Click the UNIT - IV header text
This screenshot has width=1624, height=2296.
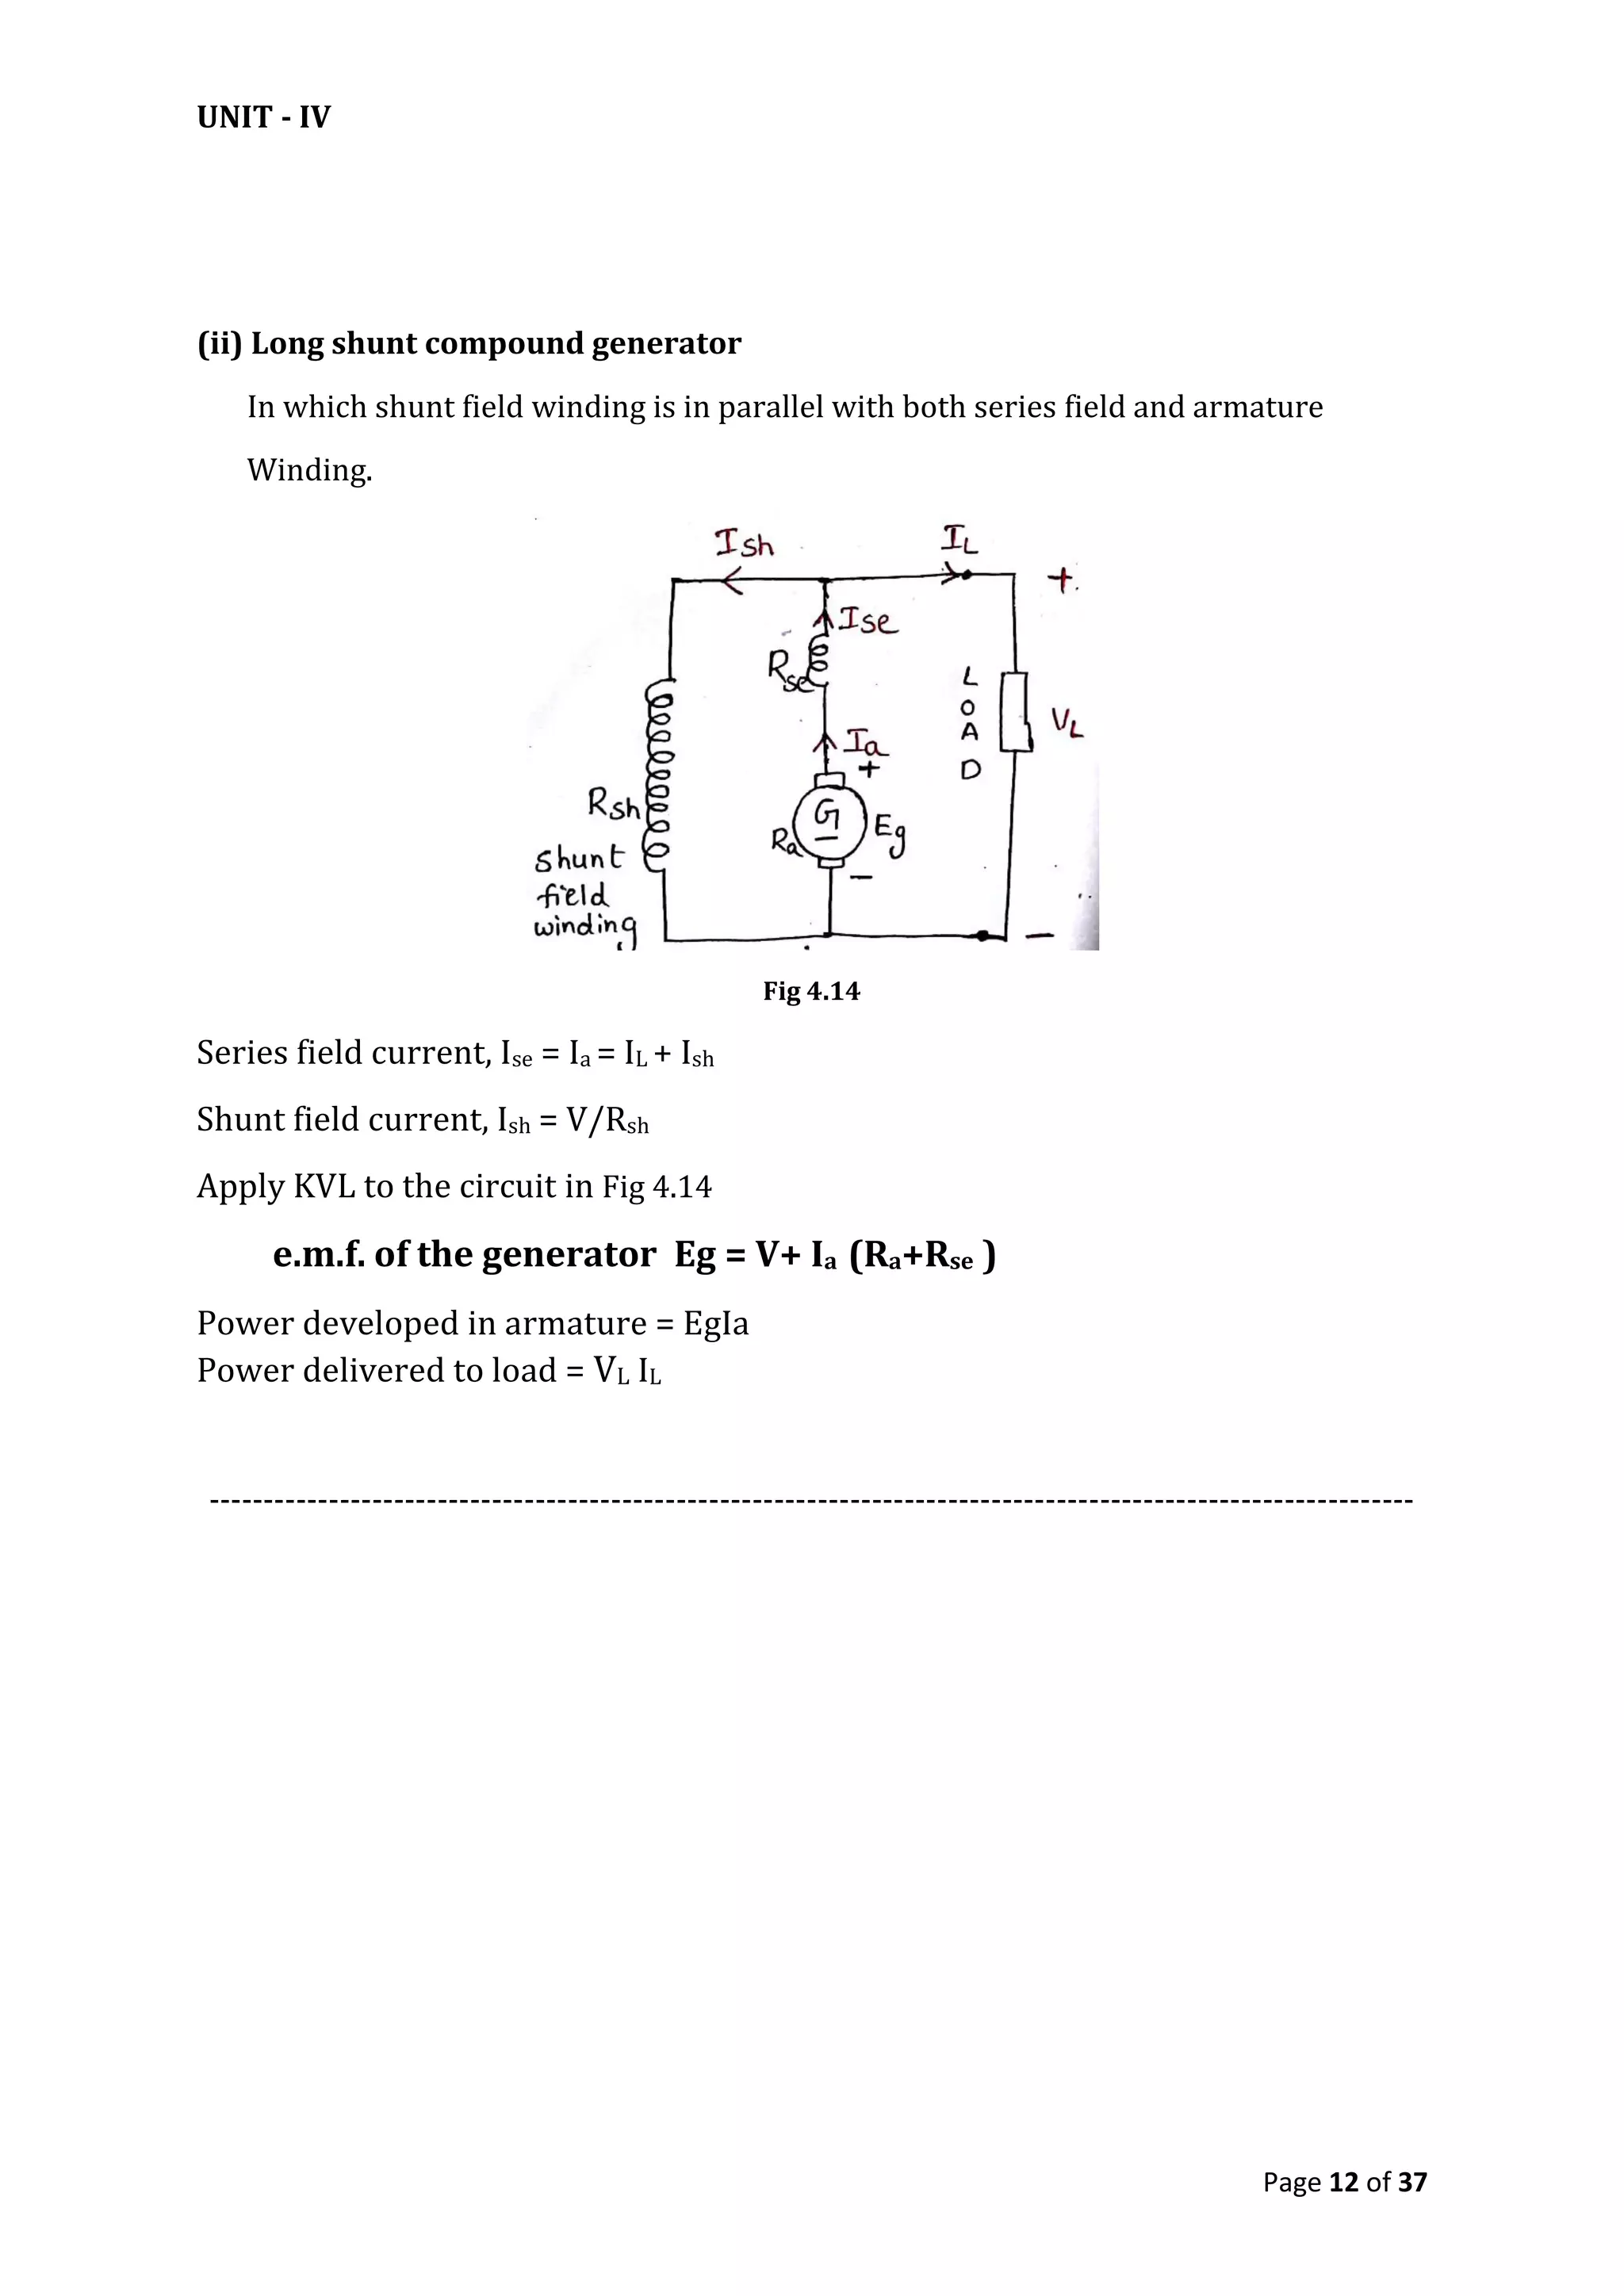(263, 118)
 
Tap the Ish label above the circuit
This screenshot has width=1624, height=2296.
(744, 544)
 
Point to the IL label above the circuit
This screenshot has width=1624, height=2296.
(959, 541)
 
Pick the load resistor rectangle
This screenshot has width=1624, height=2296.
(1014, 711)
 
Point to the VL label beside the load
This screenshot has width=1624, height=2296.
(1066, 723)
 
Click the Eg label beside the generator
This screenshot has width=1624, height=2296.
(890, 834)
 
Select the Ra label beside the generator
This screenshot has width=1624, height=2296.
(785, 843)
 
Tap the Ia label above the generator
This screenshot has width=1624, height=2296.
(866, 743)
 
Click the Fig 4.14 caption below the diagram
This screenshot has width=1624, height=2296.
(811, 991)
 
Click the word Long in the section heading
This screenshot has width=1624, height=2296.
(287, 343)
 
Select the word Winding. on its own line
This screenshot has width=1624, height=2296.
(309, 470)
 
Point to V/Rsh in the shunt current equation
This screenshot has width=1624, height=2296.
(607, 1120)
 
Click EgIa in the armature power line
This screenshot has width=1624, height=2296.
(716, 1324)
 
